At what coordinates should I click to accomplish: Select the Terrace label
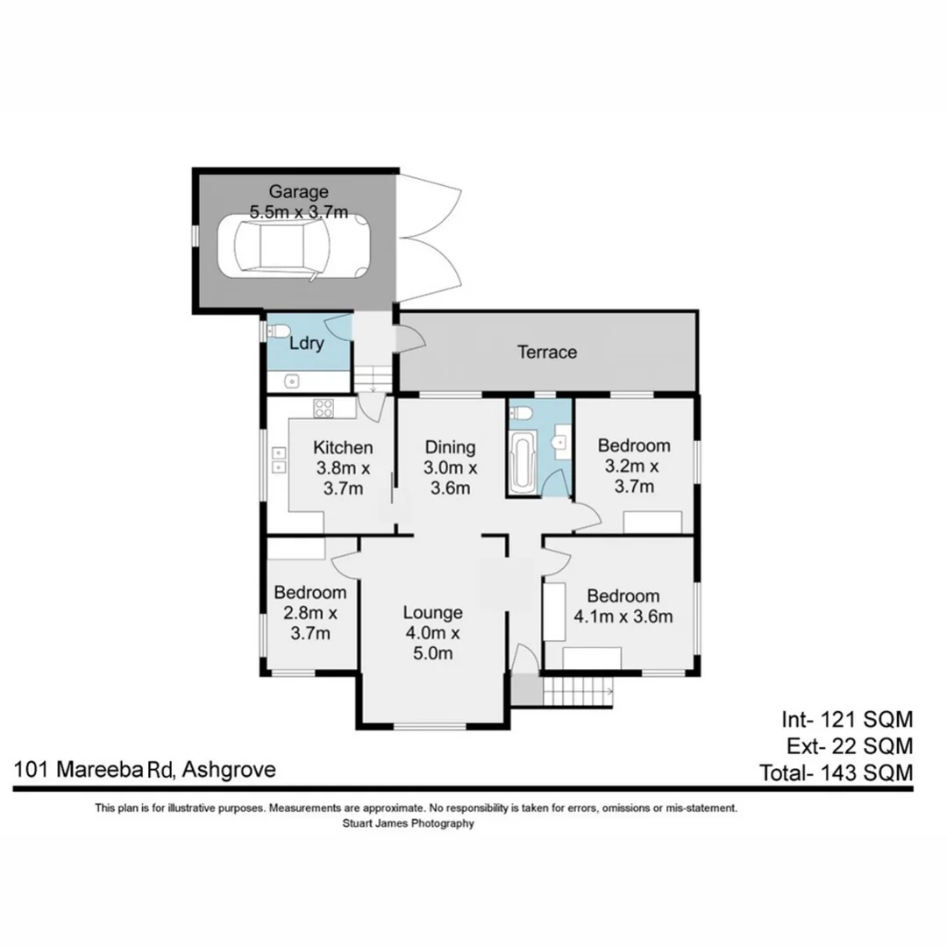tap(547, 352)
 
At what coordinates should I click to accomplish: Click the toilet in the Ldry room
tap(277, 331)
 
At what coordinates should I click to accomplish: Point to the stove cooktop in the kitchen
tap(323, 407)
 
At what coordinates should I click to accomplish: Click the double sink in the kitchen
tap(279, 460)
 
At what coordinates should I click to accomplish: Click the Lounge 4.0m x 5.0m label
tap(433, 632)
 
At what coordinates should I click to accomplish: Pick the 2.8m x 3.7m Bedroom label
tap(310, 613)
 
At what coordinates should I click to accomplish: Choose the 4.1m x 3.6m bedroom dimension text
tap(623, 616)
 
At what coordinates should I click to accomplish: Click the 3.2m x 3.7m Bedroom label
tap(633, 466)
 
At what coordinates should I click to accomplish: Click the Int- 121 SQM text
tap(847, 720)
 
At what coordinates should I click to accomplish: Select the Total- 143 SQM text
tap(836, 773)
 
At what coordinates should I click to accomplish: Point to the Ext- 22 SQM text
tap(847, 747)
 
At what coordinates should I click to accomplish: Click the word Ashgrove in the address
tap(231, 770)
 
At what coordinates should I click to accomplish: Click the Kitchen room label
tap(344, 448)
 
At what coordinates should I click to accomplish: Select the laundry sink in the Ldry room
tap(294, 381)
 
